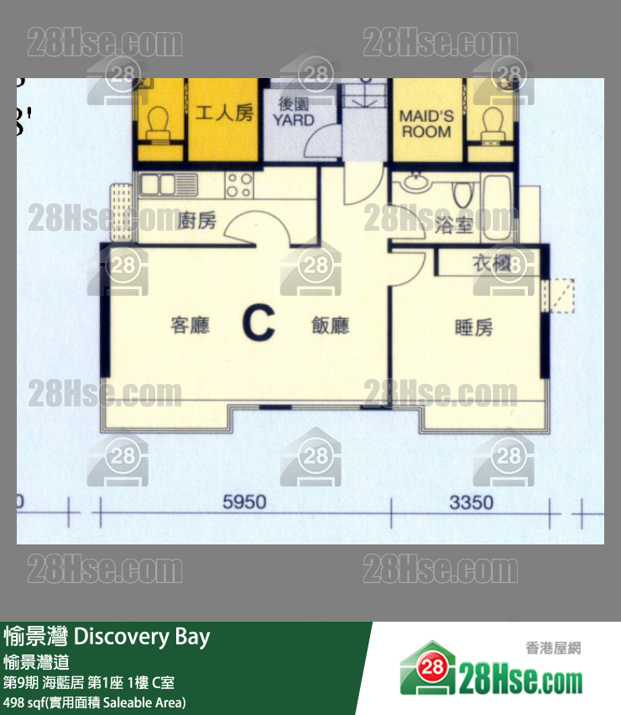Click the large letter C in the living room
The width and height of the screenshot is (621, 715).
pyautogui.click(x=258, y=323)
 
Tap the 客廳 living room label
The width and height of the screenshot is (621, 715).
pyautogui.click(x=190, y=325)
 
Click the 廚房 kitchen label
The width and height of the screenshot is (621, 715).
pyautogui.click(x=197, y=221)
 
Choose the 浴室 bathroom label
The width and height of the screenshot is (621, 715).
pyautogui.click(x=454, y=223)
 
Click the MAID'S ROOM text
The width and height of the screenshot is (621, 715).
pyautogui.click(x=426, y=124)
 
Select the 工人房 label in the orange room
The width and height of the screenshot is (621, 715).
pyautogui.click(x=224, y=112)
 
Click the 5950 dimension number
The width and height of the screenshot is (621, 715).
pyautogui.click(x=244, y=503)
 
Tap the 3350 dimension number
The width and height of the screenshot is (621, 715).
pyautogui.click(x=471, y=503)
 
